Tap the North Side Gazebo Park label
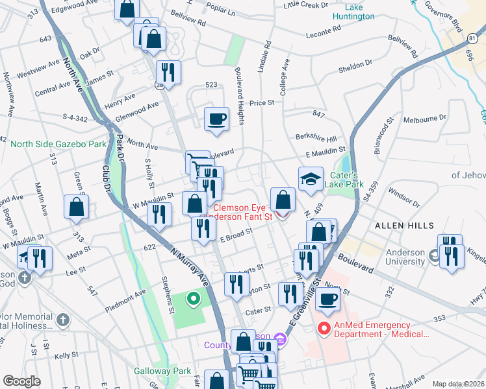click(x=58, y=143)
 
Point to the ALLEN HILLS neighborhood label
click(x=403, y=225)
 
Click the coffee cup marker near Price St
click(x=216, y=119)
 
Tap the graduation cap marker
click(x=311, y=179)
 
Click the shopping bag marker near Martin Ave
click(x=77, y=207)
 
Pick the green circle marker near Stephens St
click(x=193, y=299)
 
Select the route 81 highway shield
click(x=470, y=39)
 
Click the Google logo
click(x=21, y=381)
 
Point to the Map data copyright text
click(x=458, y=384)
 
